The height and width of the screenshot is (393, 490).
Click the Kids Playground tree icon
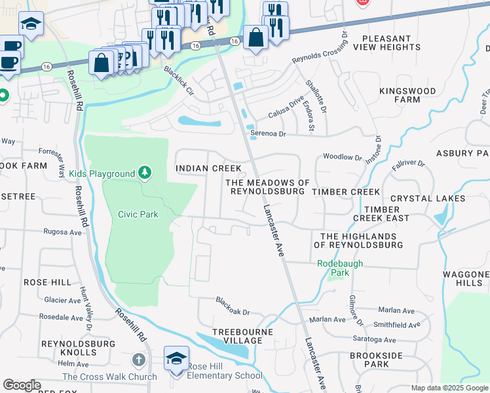tap(145, 174)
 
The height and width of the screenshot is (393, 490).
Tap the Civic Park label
tap(138, 214)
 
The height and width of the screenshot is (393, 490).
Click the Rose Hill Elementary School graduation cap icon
tap(176, 359)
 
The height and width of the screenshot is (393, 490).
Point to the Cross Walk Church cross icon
tap(138, 360)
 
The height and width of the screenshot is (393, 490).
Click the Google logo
tap(22, 385)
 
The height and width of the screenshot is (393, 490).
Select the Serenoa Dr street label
tap(269, 134)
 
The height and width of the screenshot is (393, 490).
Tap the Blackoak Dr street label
tap(234, 305)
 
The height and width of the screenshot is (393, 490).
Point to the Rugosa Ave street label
tap(62, 231)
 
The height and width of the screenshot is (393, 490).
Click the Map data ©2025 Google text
tap(449, 388)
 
